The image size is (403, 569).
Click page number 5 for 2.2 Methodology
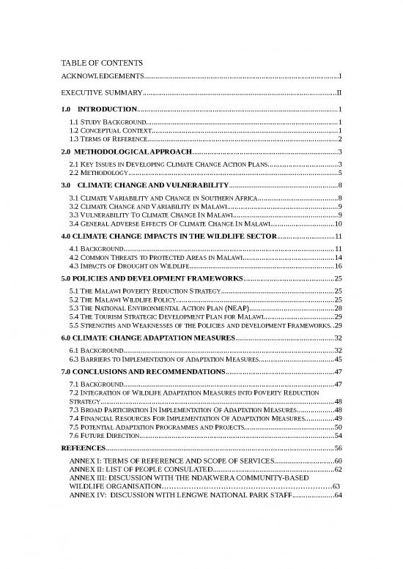click(x=341, y=174)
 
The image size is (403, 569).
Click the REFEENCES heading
click(x=83, y=449)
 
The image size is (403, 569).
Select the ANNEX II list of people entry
click(x=139, y=469)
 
